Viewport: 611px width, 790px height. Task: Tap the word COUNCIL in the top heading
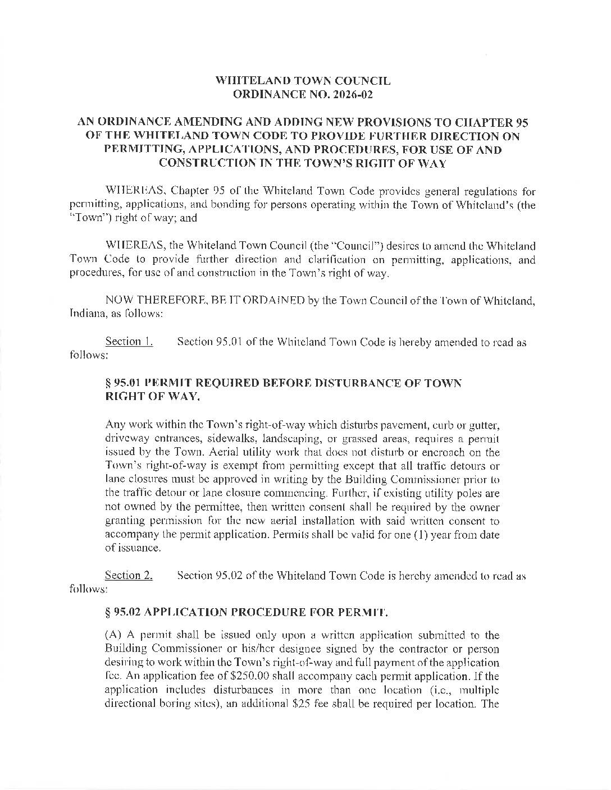click(x=364, y=81)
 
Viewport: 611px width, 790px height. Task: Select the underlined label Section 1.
click(x=129, y=342)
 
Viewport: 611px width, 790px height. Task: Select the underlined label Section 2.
click(x=129, y=575)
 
